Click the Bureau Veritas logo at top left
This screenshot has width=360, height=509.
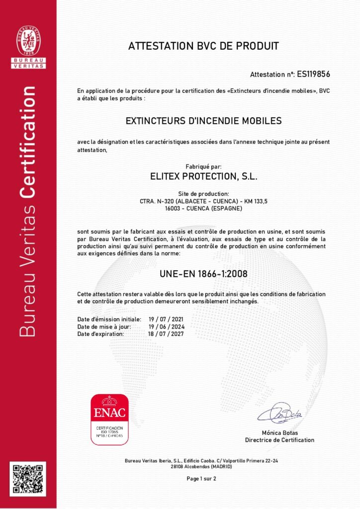click(x=28, y=46)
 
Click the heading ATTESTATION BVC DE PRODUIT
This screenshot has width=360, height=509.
click(x=204, y=46)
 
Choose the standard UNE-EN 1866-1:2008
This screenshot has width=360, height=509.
click(x=203, y=273)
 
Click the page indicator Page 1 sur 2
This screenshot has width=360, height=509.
click(x=201, y=479)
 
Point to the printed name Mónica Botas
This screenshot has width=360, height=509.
click(x=280, y=432)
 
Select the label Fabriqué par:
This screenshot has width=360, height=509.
click(x=203, y=167)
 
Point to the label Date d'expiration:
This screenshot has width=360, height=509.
click(x=100, y=334)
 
